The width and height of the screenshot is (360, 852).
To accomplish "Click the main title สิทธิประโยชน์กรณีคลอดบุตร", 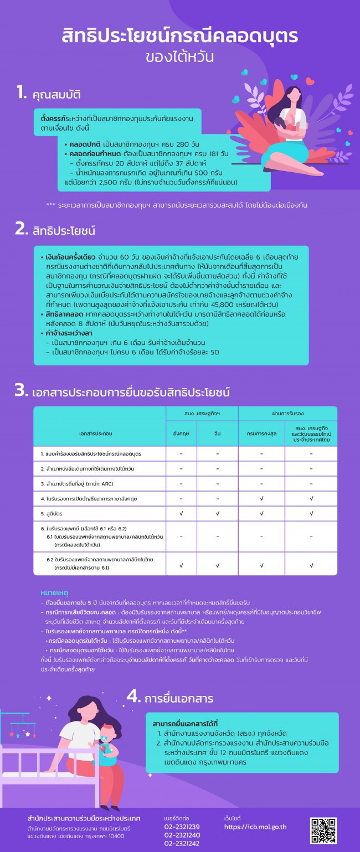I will point(179,36).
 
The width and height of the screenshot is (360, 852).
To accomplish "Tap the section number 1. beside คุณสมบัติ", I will point(21,93).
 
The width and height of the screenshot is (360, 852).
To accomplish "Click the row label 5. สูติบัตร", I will point(53,514).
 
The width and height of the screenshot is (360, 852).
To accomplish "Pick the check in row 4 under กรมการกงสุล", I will point(261,499).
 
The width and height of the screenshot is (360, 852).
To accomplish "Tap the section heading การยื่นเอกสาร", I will point(178,699).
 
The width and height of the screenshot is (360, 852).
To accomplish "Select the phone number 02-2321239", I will point(182,827).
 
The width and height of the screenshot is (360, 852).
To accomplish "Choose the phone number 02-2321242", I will point(182,844).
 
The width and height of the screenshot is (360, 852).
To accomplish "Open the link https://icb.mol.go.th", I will point(255,827).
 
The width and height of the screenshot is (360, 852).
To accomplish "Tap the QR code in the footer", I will point(323,830).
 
